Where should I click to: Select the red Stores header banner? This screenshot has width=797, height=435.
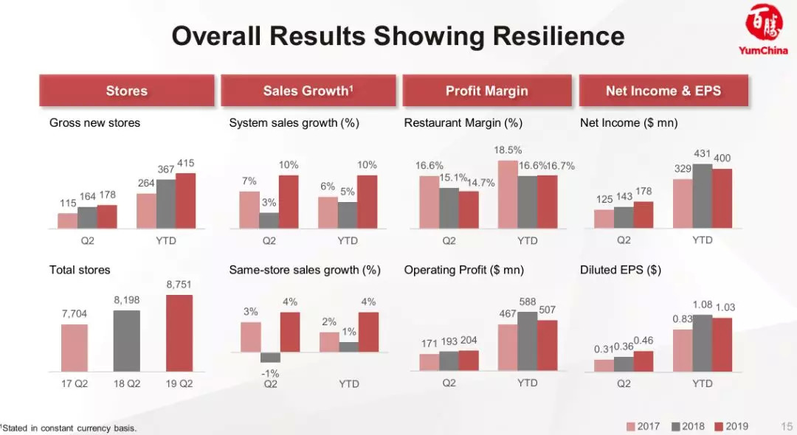[x=127, y=91]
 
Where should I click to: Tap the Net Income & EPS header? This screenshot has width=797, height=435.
[x=663, y=91]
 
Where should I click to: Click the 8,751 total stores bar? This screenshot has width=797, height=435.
[x=179, y=333]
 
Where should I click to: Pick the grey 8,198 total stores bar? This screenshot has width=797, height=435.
[x=126, y=340]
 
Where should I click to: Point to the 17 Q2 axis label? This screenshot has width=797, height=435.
[x=75, y=383]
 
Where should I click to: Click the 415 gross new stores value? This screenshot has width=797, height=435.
[x=186, y=163]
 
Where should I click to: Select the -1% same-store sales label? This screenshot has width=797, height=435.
[x=271, y=373]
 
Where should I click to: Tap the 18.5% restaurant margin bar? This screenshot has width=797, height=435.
[x=508, y=194]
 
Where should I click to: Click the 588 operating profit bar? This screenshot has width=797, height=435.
[x=527, y=341]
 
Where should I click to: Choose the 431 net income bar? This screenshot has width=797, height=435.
[x=703, y=196]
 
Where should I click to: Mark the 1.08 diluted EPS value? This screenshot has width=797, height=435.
[x=703, y=304]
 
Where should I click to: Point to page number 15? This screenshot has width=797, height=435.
[x=786, y=426]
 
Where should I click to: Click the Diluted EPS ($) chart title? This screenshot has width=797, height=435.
[x=620, y=271]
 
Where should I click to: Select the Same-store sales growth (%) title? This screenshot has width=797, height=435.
[x=305, y=271]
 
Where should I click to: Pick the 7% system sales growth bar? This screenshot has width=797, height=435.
[x=250, y=210]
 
